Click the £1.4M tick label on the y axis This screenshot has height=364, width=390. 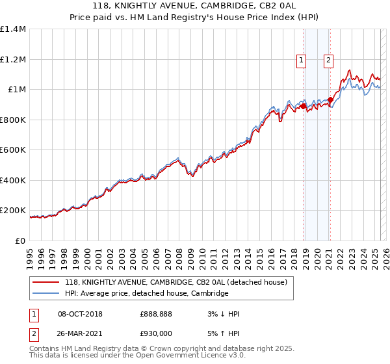click(x=13, y=29)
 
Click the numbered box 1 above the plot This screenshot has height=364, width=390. click(x=302, y=61)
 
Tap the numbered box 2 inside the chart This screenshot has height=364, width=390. click(x=329, y=61)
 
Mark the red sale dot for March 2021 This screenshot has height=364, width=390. click(x=331, y=100)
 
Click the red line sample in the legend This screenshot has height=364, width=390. click(x=46, y=282)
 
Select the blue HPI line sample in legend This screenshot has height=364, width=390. click(x=46, y=294)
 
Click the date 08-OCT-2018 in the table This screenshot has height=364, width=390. click(x=80, y=314)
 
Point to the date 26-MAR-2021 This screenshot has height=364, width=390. click(x=80, y=333)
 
